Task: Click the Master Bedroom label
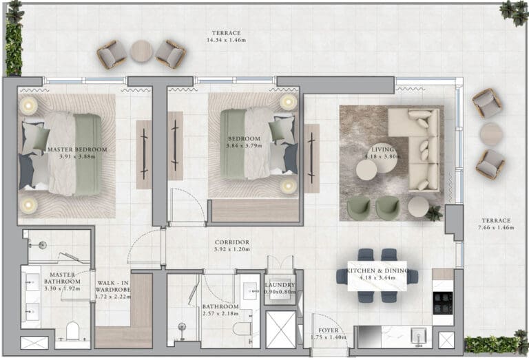tap(77, 149)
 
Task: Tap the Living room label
tap(382, 149)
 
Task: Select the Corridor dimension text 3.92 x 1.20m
tap(231, 249)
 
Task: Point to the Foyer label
tap(329, 330)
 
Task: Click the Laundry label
tap(280, 285)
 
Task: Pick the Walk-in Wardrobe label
tap(113, 286)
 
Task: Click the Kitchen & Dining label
tap(377, 271)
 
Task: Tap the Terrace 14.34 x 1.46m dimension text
tap(226, 40)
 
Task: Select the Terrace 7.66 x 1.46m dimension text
tap(496, 228)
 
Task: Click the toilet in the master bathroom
tap(72, 331)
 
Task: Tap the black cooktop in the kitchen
tap(443, 303)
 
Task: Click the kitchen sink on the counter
tap(419, 336)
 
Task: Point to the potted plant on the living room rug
tap(433, 213)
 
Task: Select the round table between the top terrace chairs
tap(141, 51)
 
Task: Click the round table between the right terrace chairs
tap(491, 134)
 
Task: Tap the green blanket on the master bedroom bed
tap(88, 154)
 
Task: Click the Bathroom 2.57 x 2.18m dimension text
tap(220, 313)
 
